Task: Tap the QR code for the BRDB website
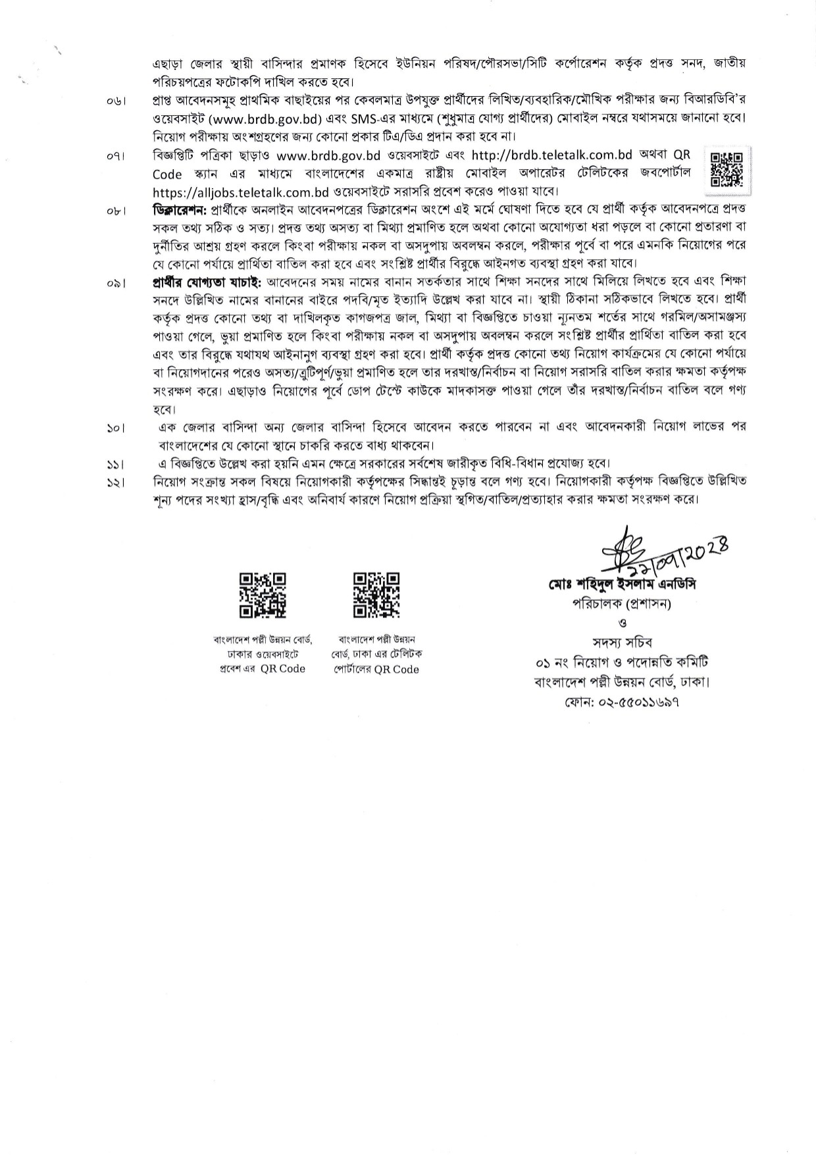262,595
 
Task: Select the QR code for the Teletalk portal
376,595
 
